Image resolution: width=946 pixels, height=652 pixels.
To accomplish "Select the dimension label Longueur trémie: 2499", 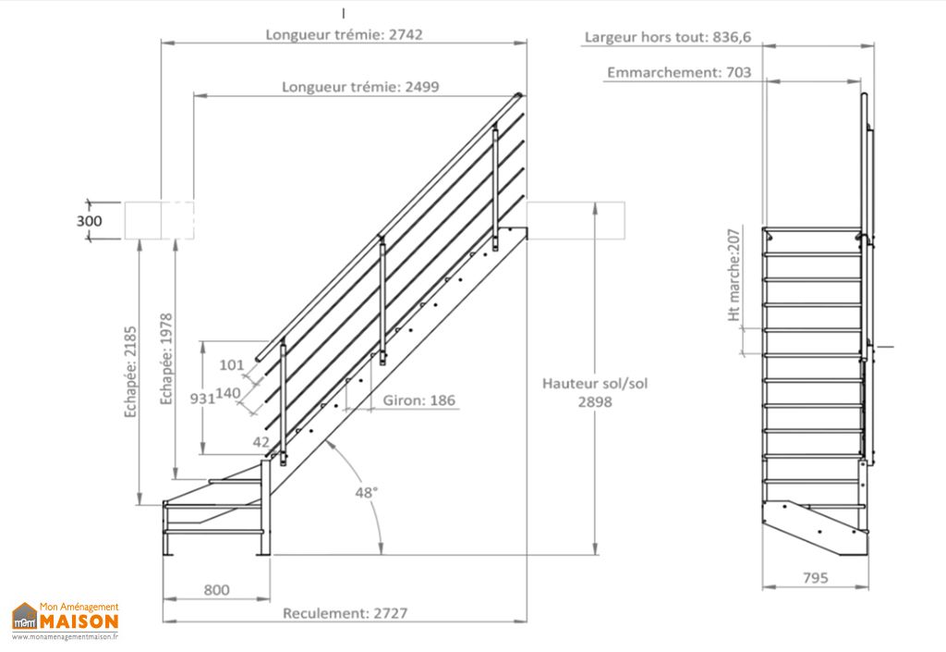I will [360, 87].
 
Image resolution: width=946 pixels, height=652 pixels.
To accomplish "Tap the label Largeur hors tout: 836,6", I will [668, 38].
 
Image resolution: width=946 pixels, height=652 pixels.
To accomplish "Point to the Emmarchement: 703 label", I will [679, 72].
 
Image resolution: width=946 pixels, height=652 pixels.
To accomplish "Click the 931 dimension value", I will [202, 399].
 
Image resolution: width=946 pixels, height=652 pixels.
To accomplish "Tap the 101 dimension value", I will [230, 365].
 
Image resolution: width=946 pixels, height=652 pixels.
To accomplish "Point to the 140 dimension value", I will [228, 393].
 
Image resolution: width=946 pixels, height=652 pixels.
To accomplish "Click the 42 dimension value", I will [261, 443].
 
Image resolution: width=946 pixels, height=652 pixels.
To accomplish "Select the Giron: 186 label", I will [418, 401].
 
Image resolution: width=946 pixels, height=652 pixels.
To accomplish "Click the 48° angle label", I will [367, 493].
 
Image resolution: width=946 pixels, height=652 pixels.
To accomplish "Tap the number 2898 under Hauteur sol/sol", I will [594, 402].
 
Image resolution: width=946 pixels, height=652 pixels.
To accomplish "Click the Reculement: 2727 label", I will [345, 613].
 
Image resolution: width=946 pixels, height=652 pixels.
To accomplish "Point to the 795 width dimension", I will [815, 578].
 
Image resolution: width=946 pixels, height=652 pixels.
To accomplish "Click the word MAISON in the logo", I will [79, 620].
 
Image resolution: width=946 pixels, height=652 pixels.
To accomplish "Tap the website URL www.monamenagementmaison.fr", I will [66, 637].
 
